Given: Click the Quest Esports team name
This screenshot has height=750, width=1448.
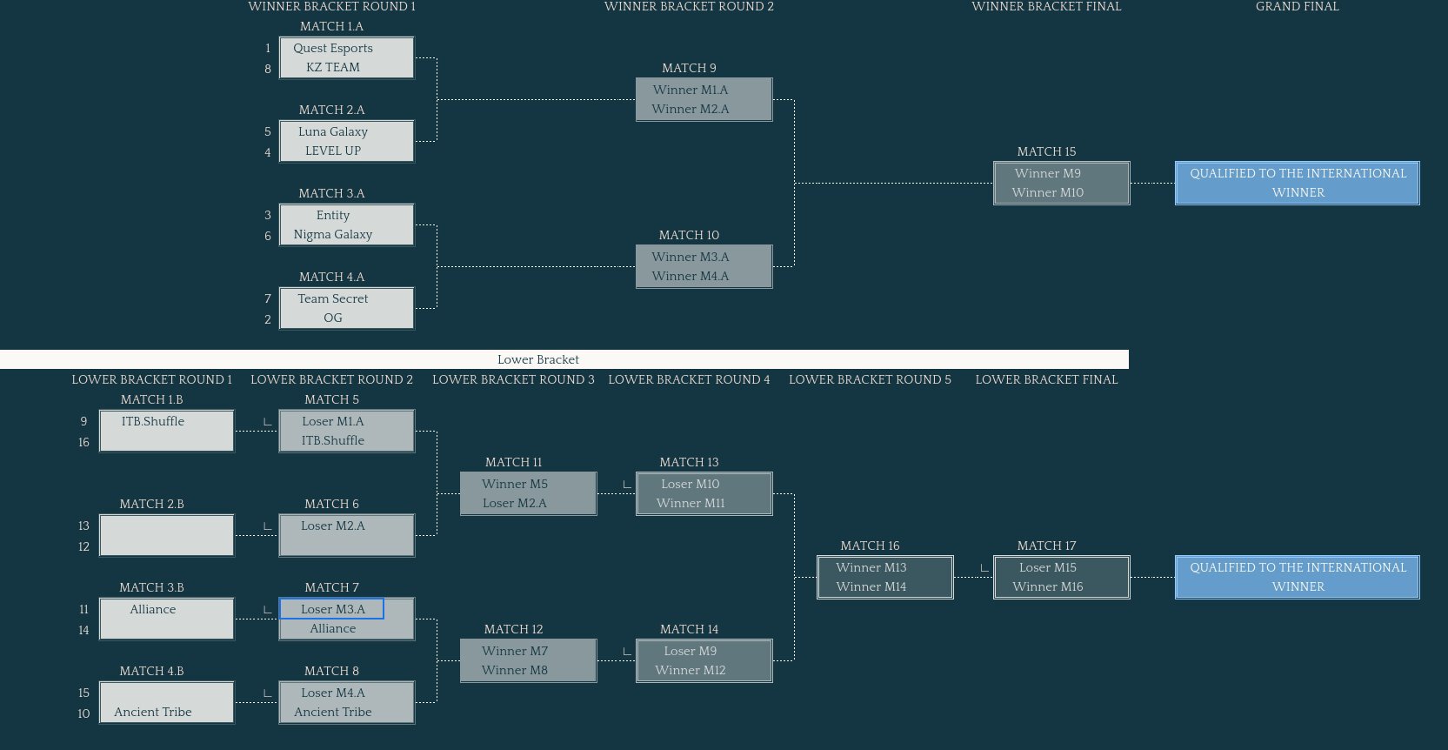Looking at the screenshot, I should click(333, 49).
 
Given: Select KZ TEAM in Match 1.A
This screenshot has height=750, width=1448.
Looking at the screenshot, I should click(333, 68).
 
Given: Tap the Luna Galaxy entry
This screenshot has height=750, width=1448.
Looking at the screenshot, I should click(333, 132).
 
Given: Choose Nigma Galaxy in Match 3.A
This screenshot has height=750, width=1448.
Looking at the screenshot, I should click(333, 235).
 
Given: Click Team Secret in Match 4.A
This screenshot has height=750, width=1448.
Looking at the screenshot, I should click(333, 299).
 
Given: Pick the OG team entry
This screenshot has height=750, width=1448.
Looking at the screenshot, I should click(333, 318).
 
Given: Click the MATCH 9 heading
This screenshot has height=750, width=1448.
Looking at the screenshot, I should click(689, 69).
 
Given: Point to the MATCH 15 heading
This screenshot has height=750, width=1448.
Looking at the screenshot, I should click(1046, 152).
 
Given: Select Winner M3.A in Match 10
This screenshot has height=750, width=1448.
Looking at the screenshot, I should click(691, 258).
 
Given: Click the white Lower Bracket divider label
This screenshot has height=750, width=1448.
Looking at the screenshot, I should click(538, 360).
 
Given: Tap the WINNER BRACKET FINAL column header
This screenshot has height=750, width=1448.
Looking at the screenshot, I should click(1046, 7).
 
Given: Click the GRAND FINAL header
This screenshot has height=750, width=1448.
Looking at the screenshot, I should click(1297, 7).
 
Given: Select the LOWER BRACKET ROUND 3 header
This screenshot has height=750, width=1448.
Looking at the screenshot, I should click(513, 380).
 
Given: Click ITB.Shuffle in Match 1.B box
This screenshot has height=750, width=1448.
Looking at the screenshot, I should click(153, 422).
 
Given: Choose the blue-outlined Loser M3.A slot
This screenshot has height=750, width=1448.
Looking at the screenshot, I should click(332, 609).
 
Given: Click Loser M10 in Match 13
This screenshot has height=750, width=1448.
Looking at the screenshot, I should click(691, 485).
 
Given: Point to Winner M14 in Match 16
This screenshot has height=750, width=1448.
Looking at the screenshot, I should click(871, 587).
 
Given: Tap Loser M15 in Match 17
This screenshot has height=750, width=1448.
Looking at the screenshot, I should click(1048, 568).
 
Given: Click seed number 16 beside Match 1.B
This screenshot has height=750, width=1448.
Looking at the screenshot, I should click(83, 443).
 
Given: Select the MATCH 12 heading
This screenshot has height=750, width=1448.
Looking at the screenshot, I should click(513, 630).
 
